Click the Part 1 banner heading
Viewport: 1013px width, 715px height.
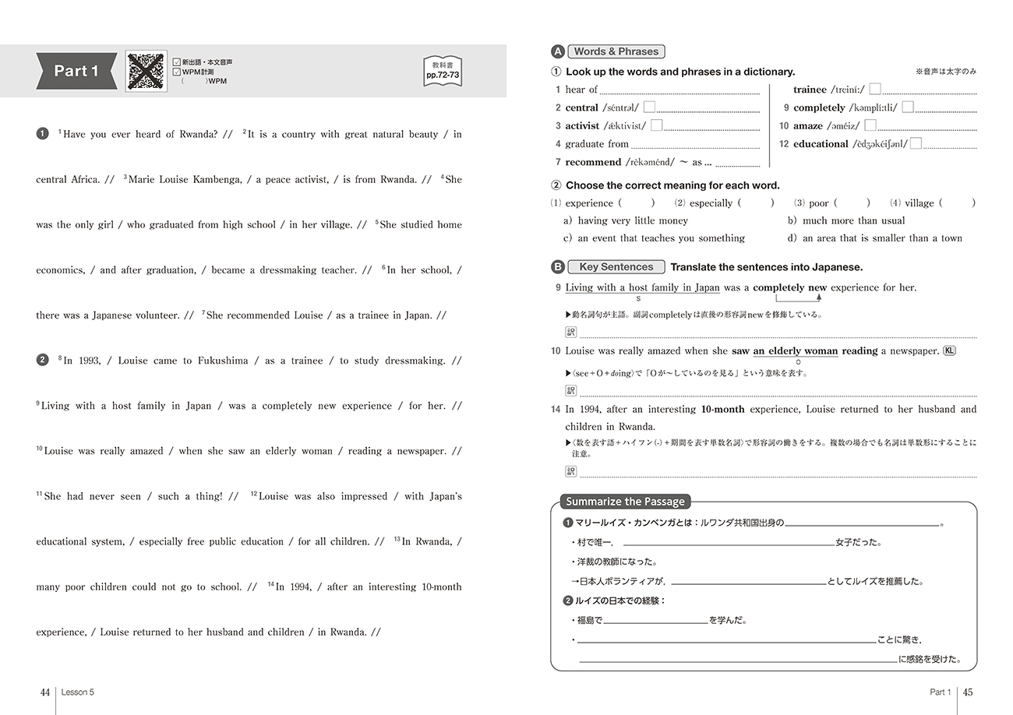point(76,71)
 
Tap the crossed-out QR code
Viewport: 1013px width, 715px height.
point(146,71)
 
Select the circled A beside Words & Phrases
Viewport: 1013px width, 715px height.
point(557,51)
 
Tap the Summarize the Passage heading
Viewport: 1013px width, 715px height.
point(625,502)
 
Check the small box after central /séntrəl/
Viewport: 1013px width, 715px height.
point(649,107)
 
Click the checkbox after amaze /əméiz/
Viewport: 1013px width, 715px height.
point(870,125)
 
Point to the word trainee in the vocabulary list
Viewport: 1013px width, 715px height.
point(810,90)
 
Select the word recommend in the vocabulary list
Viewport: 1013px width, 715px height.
point(593,162)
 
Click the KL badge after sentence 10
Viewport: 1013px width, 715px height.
point(949,350)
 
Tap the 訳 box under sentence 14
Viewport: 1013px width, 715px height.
point(570,471)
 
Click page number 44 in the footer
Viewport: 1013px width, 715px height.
point(45,692)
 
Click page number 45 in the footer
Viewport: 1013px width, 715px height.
point(969,692)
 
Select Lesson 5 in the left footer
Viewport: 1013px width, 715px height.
point(78,692)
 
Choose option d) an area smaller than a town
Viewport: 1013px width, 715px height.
point(874,238)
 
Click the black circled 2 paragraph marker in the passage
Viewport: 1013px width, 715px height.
point(42,360)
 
